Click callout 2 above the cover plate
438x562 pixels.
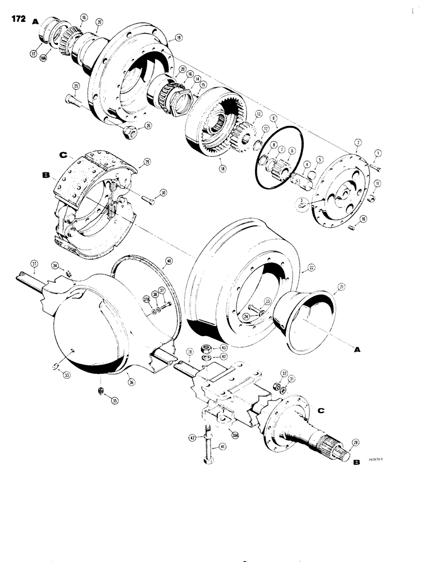click(358, 144)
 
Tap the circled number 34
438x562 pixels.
click(55, 265)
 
